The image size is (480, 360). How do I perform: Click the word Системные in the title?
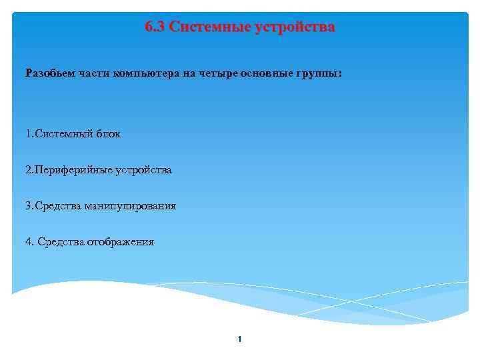(208, 27)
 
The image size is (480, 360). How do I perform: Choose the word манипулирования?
(130, 206)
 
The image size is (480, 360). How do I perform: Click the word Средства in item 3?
(57, 206)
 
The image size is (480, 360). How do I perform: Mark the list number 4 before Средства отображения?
(29, 242)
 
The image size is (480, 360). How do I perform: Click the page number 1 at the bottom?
(239, 340)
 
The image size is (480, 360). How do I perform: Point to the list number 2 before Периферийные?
(29, 170)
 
